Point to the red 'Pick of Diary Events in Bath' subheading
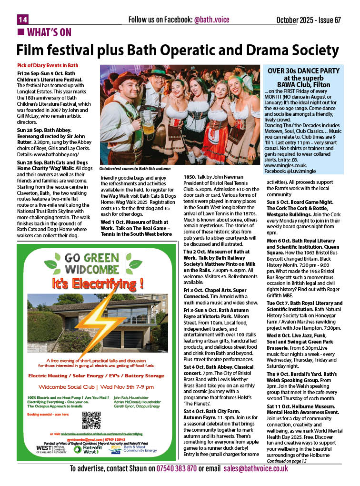[48, 65]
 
